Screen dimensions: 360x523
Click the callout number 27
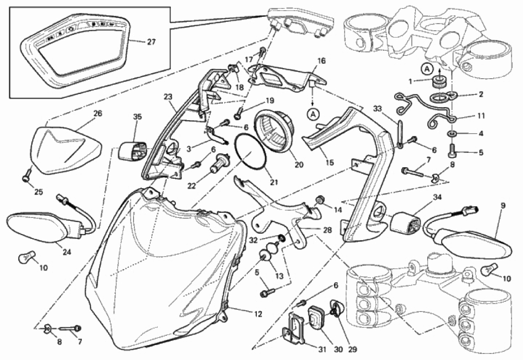click(151, 42)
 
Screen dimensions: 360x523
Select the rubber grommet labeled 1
click(438, 82)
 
